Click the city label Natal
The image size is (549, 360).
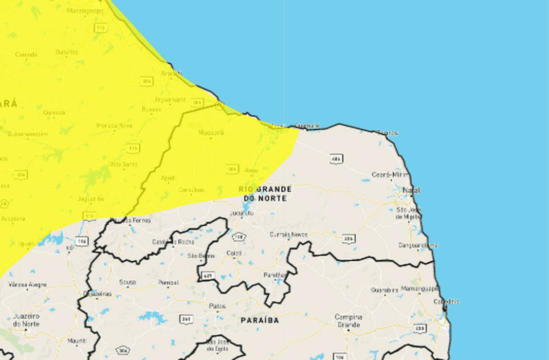tap(411, 190)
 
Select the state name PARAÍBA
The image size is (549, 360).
tap(260, 320)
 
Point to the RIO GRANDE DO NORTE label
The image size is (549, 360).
tap(265, 193)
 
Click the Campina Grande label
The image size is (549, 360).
tap(348, 320)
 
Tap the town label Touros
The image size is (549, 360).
tap(388, 133)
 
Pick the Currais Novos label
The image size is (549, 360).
tap(288, 235)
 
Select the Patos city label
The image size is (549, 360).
tap(217, 306)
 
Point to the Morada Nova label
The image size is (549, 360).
tap(115, 125)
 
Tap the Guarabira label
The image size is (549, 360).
tap(385, 291)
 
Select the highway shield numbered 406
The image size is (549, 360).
tap(336, 159)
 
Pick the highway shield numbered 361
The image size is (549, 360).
tap(186, 319)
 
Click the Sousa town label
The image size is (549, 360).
tap(127, 282)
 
